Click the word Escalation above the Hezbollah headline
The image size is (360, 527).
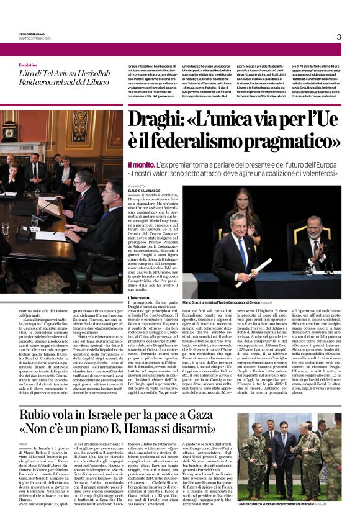click(28, 64)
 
